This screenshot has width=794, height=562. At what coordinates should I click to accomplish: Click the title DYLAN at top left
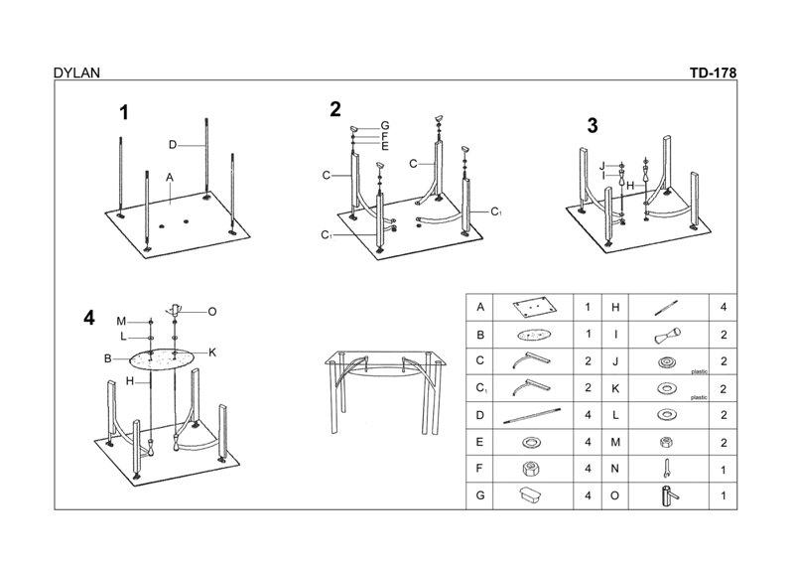click(x=76, y=72)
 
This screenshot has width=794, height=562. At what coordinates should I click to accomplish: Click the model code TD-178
click(x=713, y=72)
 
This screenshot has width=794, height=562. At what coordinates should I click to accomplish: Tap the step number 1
click(x=124, y=113)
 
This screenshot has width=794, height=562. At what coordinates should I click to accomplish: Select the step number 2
click(x=335, y=109)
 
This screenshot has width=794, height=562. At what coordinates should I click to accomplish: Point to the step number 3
click(x=593, y=125)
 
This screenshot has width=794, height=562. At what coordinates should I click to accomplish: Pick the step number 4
click(x=90, y=319)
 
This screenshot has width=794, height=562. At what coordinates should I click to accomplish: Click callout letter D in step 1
click(x=172, y=145)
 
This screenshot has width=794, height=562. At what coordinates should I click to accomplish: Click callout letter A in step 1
click(x=171, y=177)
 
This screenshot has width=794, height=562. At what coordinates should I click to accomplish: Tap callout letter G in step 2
click(x=384, y=125)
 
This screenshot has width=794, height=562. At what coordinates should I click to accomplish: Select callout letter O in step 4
click(x=212, y=311)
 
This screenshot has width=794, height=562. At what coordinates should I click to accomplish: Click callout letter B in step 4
click(x=106, y=358)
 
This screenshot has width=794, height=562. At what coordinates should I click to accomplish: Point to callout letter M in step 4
click(x=120, y=321)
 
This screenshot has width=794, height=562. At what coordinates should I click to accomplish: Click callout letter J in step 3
click(x=603, y=164)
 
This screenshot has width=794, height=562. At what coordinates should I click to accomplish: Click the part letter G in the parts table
click(x=480, y=494)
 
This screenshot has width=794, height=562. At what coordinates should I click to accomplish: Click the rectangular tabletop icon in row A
click(x=534, y=307)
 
